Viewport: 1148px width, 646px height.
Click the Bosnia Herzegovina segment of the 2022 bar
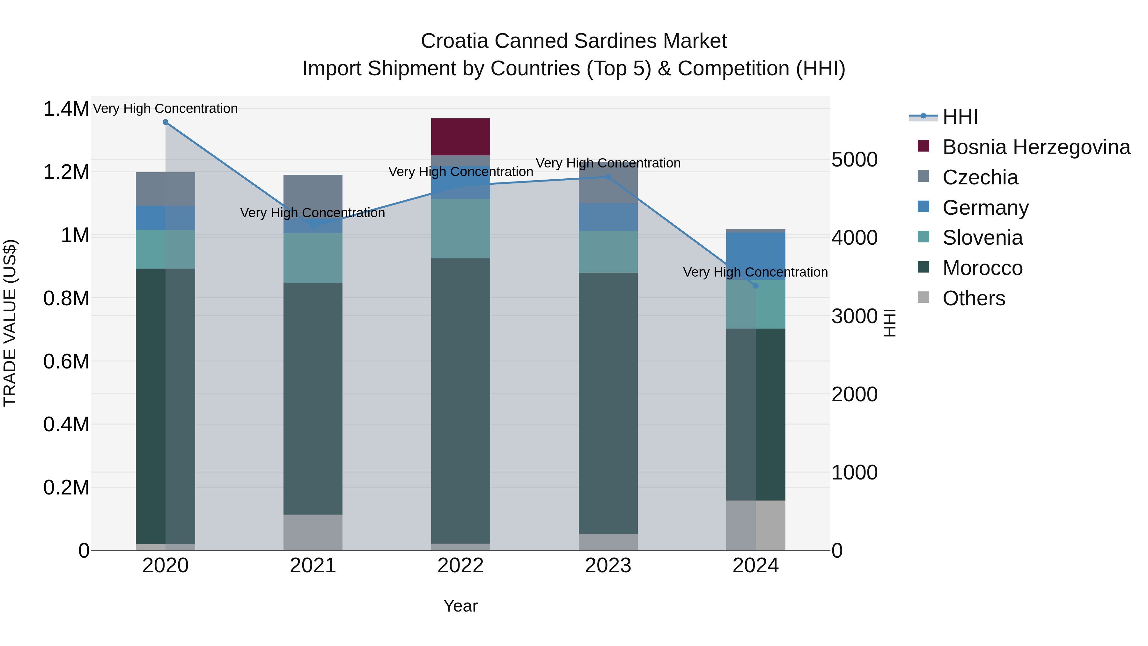(x=460, y=137)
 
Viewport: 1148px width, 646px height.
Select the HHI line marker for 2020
(x=165, y=122)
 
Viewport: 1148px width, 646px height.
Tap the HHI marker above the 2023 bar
(x=608, y=177)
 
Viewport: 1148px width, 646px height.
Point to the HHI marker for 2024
(x=755, y=286)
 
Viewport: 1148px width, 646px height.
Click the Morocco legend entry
(x=982, y=268)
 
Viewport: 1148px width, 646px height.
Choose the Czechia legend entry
(x=980, y=177)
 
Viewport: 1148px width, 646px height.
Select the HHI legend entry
(x=960, y=117)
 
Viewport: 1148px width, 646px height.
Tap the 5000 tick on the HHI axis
(x=854, y=160)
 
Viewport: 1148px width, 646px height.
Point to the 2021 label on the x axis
(x=313, y=566)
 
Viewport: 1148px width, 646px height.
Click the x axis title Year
(x=460, y=606)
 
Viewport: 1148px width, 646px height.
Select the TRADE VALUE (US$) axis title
(x=10, y=323)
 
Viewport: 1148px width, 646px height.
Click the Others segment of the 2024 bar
(x=755, y=525)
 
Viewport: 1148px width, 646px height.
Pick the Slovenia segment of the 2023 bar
(x=608, y=252)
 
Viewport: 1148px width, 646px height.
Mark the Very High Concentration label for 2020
(x=165, y=108)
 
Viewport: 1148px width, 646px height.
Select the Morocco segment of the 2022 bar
(x=460, y=400)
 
